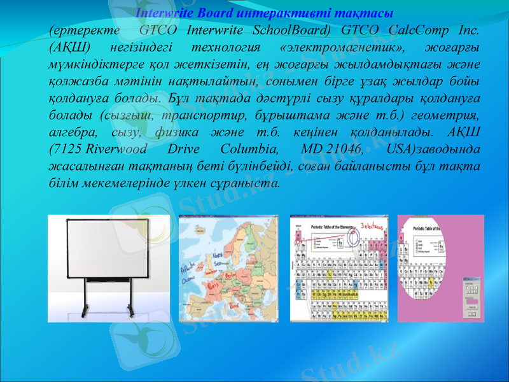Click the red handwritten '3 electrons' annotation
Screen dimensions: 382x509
372,226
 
